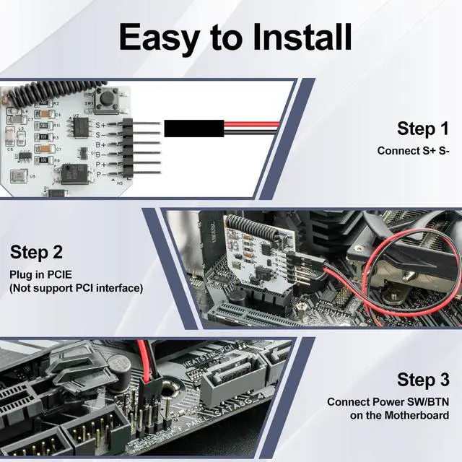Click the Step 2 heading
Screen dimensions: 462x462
(36, 252)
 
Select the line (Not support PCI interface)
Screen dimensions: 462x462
(76, 288)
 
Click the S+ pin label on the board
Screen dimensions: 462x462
(102, 124)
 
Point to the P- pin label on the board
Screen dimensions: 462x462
(102, 174)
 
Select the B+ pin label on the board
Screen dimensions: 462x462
(102, 144)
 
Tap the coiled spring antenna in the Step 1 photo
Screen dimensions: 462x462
(43, 95)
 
